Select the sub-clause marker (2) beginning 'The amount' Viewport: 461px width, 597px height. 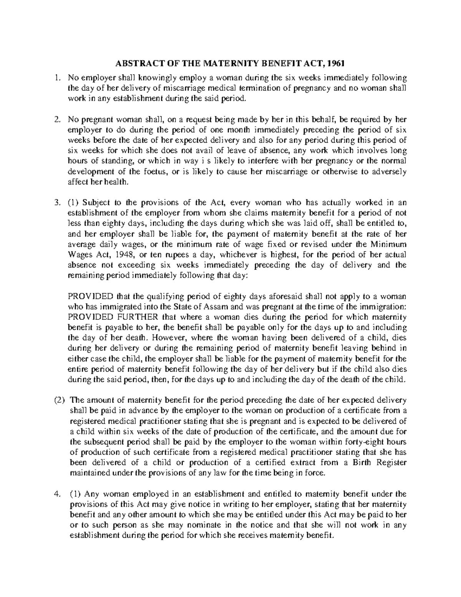click(58, 400)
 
